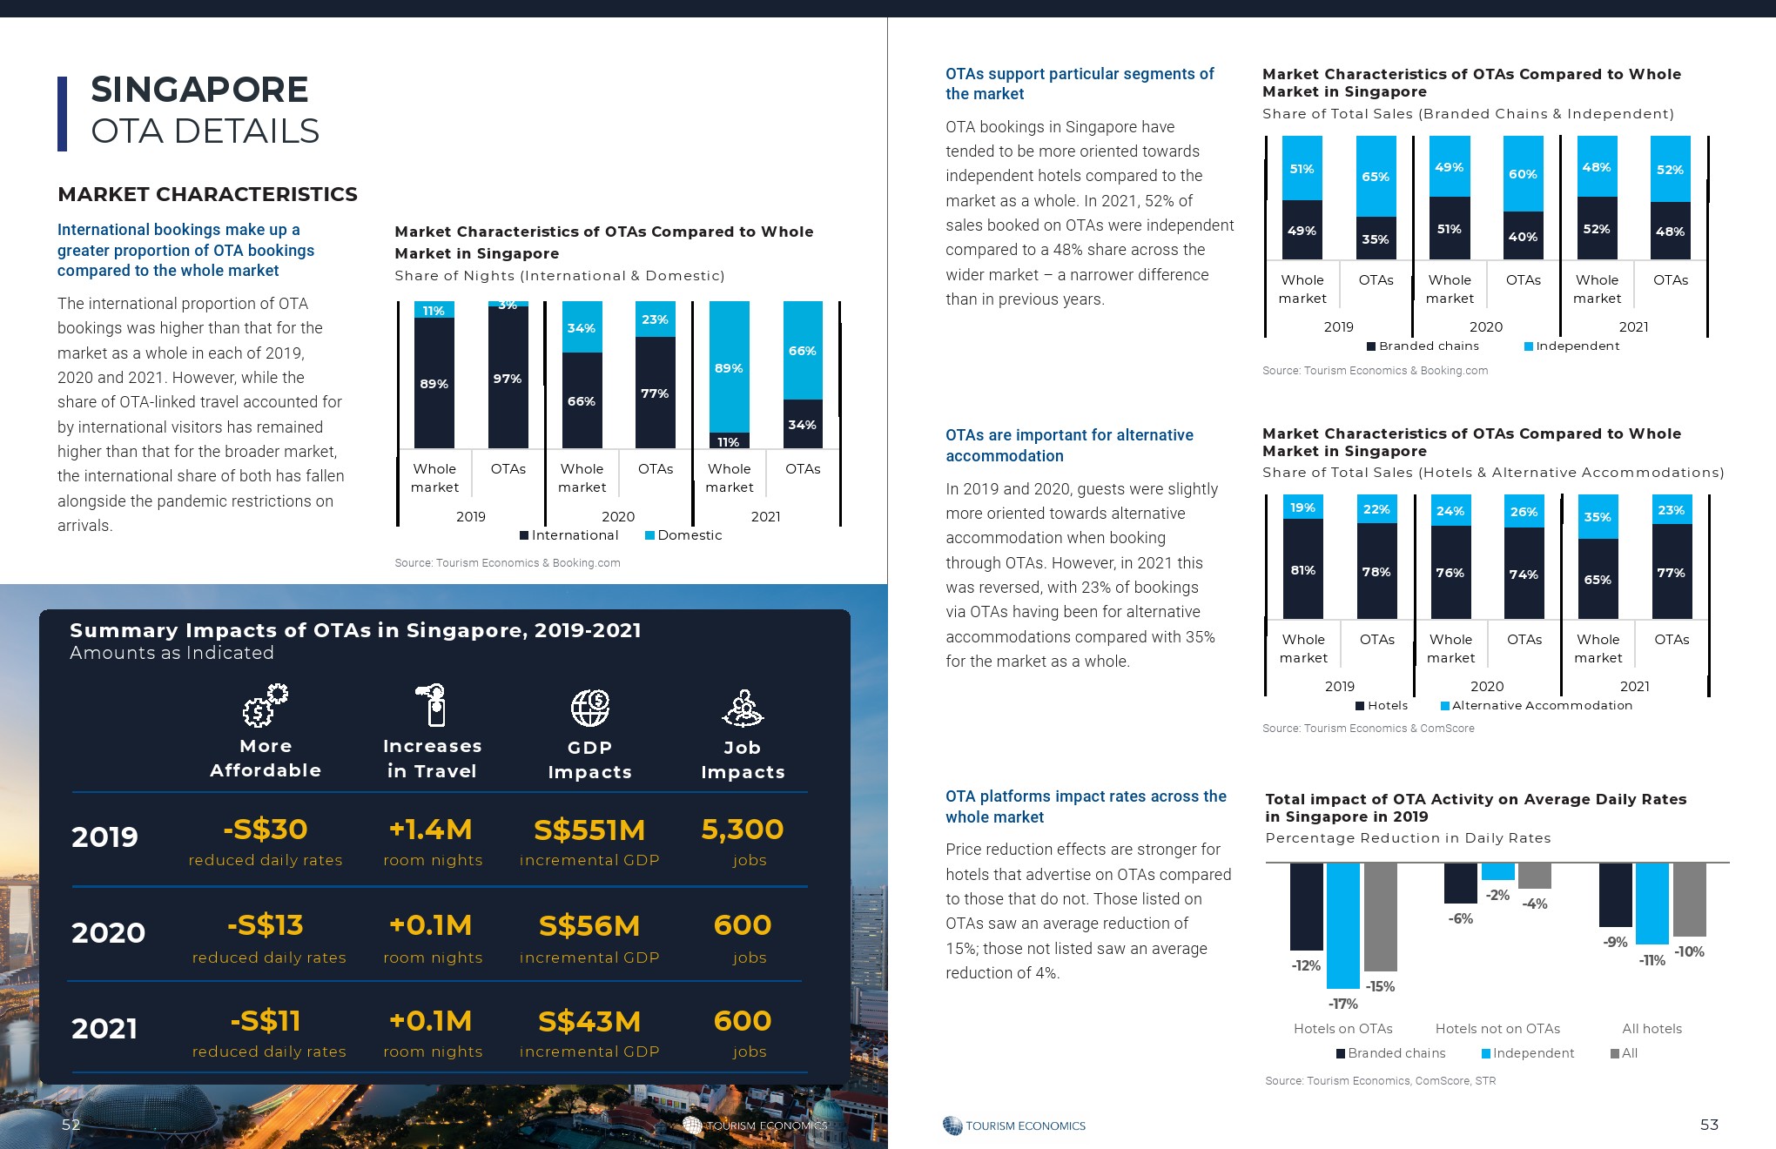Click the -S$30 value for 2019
pyautogui.click(x=266, y=830)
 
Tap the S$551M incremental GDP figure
pyautogui.click(x=589, y=830)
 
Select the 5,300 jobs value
pyautogui.click(x=743, y=830)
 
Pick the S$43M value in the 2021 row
pyautogui.click(x=589, y=1021)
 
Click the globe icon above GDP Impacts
pyautogui.click(x=590, y=707)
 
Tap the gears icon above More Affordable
pyautogui.click(x=265, y=705)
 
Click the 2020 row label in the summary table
pyautogui.click(x=108, y=932)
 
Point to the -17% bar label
pyautogui.click(x=1343, y=1004)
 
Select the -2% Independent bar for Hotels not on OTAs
pyautogui.click(x=1497, y=871)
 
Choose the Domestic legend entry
pyautogui.click(x=683, y=535)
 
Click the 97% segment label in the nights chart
pyautogui.click(x=508, y=379)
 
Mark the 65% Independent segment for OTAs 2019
pyautogui.click(x=1376, y=176)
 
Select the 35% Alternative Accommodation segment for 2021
pyautogui.click(x=1598, y=517)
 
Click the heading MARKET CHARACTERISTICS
pyautogui.click(x=207, y=194)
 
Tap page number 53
pyautogui.click(x=1709, y=1125)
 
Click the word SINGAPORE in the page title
pyautogui.click(x=199, y=90)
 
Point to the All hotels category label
pyautogui.click(x=1652, y=1029)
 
